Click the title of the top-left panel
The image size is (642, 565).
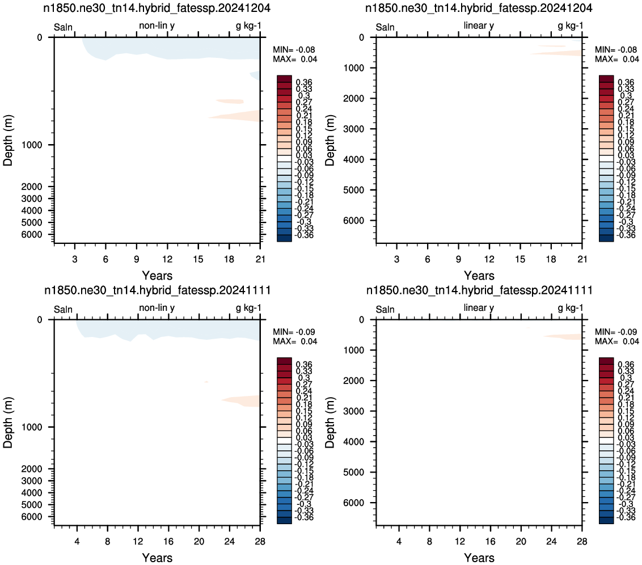point(157,8)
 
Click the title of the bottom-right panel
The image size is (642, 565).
point(479,290)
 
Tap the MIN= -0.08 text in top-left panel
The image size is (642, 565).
point(294,49)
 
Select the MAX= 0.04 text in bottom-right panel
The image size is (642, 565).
point(617,341)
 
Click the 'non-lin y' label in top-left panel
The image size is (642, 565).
point(157,26)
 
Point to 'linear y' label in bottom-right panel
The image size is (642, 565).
point(479,308)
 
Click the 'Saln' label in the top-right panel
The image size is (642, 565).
point(385,27)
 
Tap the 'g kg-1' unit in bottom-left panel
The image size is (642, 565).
point(248,308)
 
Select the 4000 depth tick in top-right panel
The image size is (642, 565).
point(354,159)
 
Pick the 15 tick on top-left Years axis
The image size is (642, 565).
point(198,259)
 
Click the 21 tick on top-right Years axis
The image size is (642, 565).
point(582,259)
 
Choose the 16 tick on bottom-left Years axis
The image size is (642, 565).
point(168,541)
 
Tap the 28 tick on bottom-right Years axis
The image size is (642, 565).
point(582,541)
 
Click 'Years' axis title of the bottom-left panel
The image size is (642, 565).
point(157,558)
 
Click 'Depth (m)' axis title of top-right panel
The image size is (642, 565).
point(330,140)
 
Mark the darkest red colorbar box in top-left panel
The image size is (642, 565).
point(285,79)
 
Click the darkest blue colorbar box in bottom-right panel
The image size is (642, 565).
point(606,520)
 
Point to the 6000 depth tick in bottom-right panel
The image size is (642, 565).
point(354,503)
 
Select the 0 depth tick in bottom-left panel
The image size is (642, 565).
point(40,320)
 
